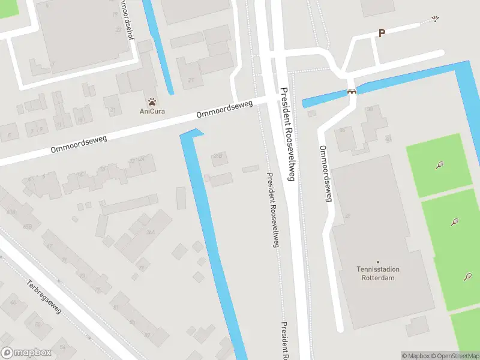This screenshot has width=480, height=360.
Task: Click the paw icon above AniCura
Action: (152, 101)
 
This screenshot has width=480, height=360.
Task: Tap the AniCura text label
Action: (152, 111)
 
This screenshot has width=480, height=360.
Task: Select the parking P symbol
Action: (381, 34)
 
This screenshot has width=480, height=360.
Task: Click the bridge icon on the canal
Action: (352, 92)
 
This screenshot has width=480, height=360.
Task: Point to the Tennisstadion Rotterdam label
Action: (379, 273)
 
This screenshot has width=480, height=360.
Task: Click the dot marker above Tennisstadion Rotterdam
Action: (378, 262)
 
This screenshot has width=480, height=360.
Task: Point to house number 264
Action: (151, 233)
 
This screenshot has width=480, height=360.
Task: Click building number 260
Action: (218, 156)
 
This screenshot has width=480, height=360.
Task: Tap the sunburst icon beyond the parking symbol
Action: (436, 19)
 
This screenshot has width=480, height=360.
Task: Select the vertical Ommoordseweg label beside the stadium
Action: (326, 173)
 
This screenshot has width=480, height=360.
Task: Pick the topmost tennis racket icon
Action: (440, 164)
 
